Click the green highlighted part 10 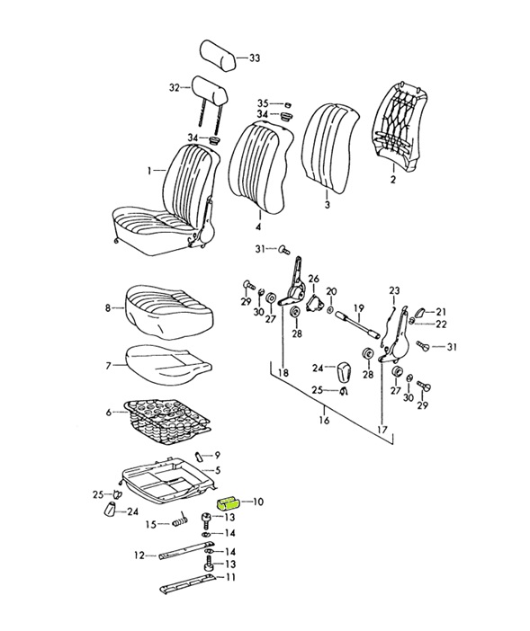click(x=228, y=503)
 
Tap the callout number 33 click(x=255, y=58)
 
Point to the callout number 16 click(x=324, y=421)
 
